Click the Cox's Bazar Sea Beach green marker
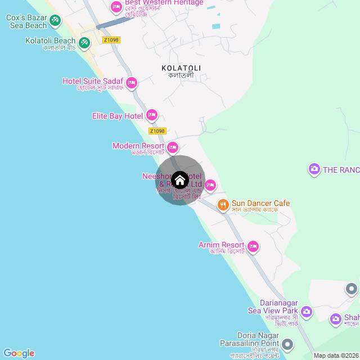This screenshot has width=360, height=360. pos(55,21)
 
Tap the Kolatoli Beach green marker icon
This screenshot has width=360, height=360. pos(84,42)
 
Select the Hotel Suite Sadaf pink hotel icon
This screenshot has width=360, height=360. pos(132,83)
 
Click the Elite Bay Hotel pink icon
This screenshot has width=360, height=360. pos(151,116)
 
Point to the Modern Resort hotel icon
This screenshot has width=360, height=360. pos(173,147)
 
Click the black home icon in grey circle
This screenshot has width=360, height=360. pos(180,180)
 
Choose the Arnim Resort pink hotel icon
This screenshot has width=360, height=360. pos(253,246)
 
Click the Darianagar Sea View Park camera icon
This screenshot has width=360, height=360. pos(307,311)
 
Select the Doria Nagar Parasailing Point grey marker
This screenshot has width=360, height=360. pos(287,344)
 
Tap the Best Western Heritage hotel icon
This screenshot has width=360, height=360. pos(116,7)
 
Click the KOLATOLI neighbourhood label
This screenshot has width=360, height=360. pos(181,68)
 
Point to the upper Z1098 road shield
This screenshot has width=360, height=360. pos(111,40)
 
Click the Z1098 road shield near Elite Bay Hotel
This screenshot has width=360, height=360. pos(157,131)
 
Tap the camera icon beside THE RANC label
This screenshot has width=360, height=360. pos(314,169)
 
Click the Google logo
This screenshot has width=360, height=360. pos(19,353)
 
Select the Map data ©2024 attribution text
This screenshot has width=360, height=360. pos(336,355)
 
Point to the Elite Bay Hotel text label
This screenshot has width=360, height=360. pos(118,116)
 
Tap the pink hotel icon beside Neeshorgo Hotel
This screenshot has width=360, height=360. pos(210,184)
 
